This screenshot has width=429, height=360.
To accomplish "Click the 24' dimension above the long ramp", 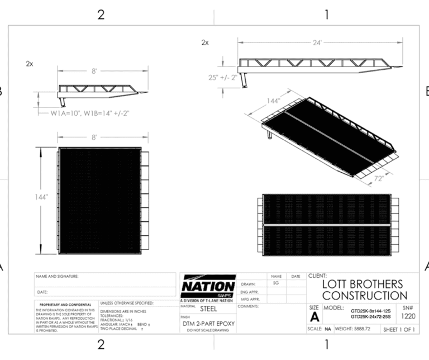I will (317, 42).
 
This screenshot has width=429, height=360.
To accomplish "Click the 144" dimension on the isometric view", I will (273, 101).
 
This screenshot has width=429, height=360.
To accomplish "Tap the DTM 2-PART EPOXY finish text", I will (208, 324).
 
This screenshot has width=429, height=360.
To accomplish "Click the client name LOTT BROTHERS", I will (363, 284).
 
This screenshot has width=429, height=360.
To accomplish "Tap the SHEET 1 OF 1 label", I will (398, 329).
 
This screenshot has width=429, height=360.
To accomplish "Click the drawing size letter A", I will (314, 316).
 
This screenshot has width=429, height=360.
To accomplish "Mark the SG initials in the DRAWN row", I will (275, 283).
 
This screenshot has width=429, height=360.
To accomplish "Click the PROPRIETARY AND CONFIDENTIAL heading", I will (66, 305).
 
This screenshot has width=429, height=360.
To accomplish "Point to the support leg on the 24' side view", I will (244, 81).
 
